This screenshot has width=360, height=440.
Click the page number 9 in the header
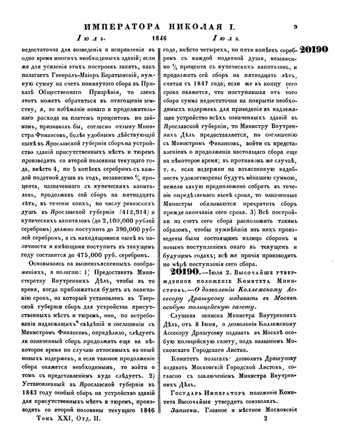click(x=297, y=25)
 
